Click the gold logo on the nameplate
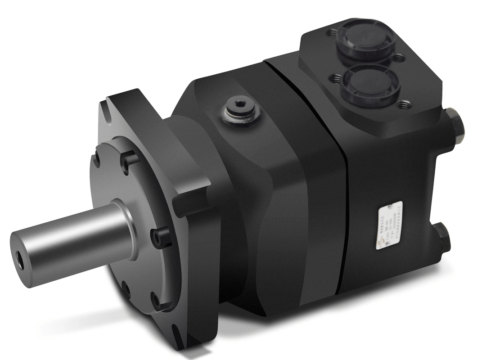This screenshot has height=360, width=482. click(380, 243)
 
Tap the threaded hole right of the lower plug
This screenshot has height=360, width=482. click(405, 105)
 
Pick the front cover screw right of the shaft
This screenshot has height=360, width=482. click(160, 236)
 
